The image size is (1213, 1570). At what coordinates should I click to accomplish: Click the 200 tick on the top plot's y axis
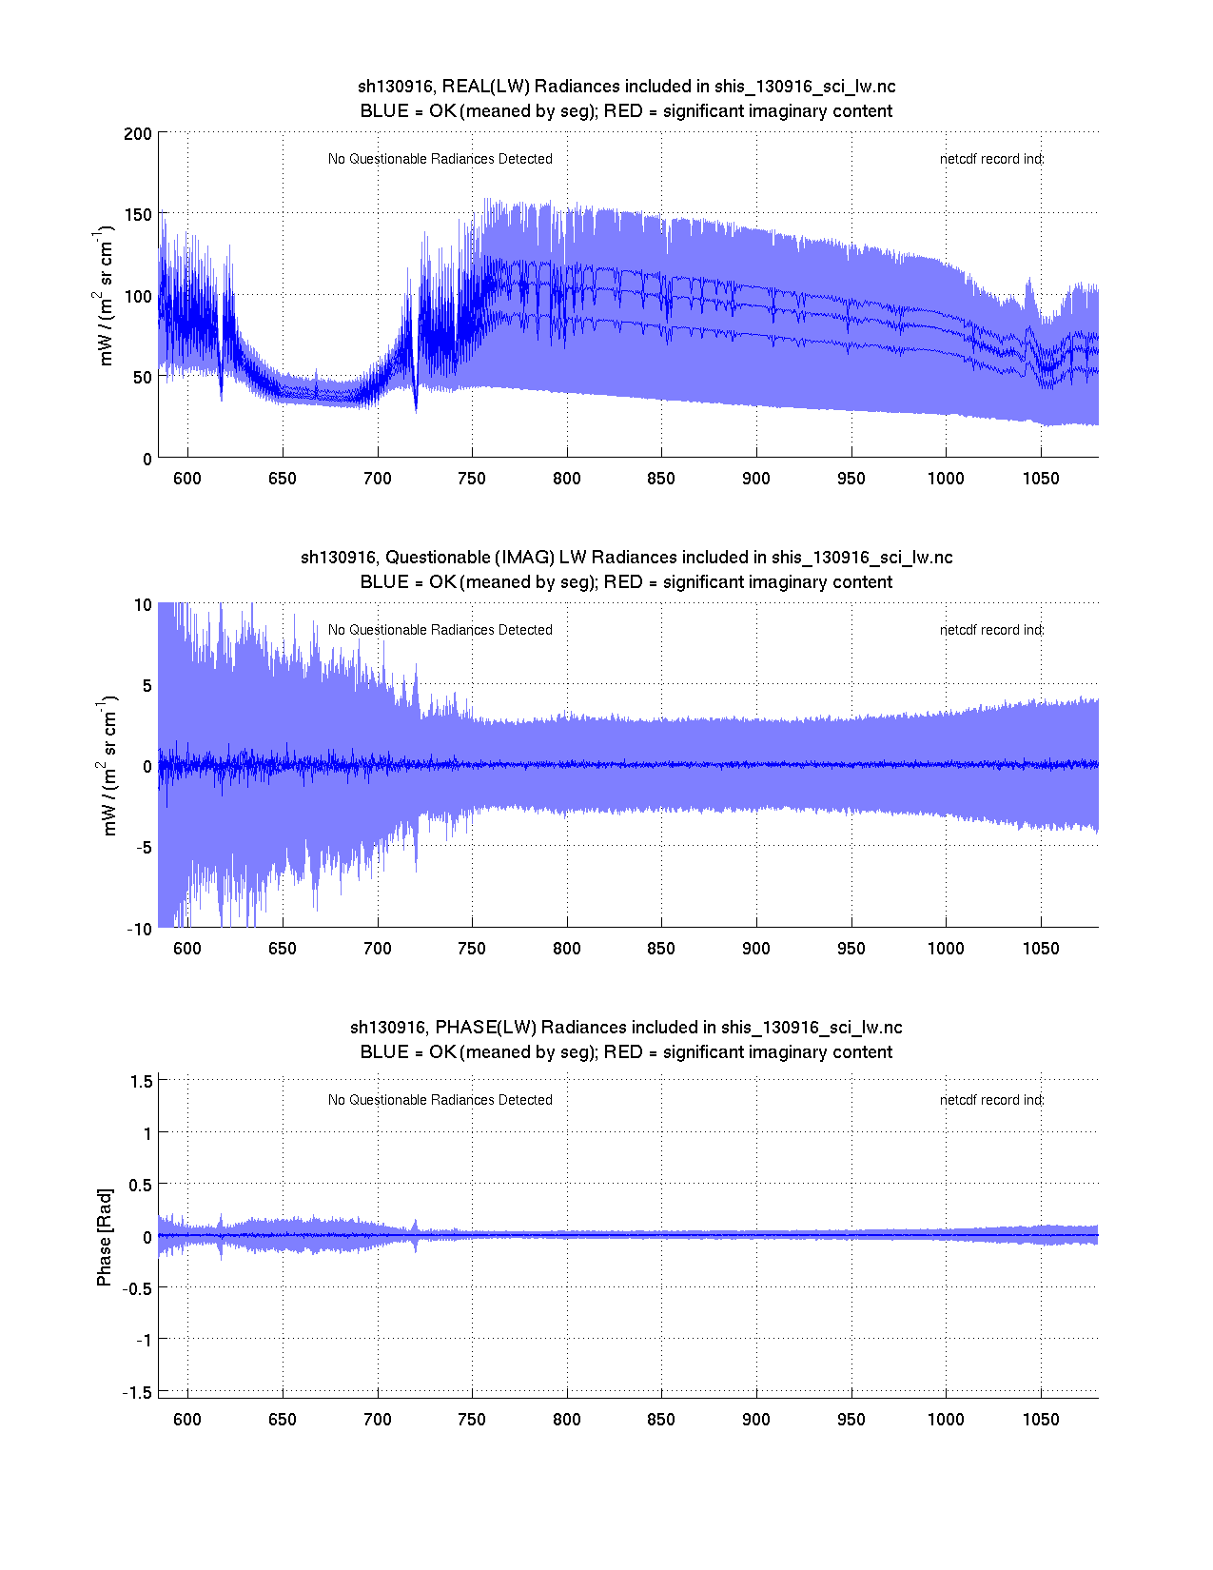pyautogui.click(x=138, y=133)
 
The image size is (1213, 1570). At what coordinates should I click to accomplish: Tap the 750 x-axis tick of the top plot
pyautogui.click(x=472, y=478)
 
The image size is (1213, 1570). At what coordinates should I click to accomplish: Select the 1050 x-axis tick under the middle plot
pyautogui.click(x=1040, y=948)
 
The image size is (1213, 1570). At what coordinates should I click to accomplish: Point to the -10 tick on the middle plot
pyautogui.click(x=139, y=929)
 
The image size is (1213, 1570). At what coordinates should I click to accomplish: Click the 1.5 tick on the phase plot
pyautogui.click(x=141, y=1080)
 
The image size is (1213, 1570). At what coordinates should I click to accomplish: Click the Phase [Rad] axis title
pyautogui.click(x=105, y=1237)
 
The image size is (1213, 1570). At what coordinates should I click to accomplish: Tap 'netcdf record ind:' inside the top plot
pyautogui.click(x=991, y=159)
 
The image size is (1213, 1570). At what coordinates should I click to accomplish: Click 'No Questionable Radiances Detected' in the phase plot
pyautogui.click(x=440, y=1100)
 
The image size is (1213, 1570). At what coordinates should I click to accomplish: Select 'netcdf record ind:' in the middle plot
pyautogui.click(x=991, y=630)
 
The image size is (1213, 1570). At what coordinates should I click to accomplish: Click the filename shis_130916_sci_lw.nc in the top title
pyautogui.click(x=805, y=87)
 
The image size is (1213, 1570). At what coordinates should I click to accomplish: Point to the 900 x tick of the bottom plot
pyautogui.click(x=756, y=1419)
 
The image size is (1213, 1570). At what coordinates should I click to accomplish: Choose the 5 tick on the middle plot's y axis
pyautogui.click(x=146, y=685)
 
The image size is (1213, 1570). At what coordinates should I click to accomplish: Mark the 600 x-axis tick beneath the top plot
pyautogui.click(x=187, y=478)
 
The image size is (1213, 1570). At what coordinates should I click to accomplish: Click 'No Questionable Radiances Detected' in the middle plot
pyautogui.click(x=440, y=630)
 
